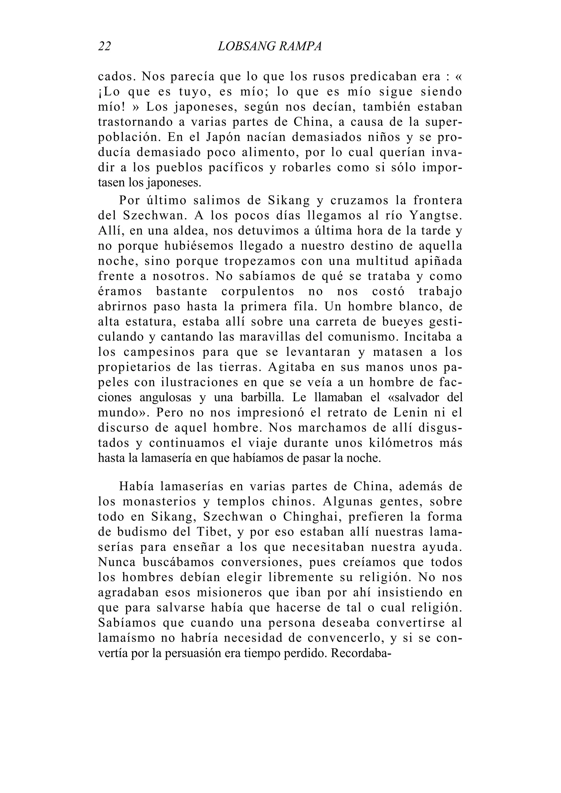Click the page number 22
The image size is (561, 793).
pyautogui.click(x=104, y=46)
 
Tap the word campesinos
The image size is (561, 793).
pyautogui.click(x=159, y=352)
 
